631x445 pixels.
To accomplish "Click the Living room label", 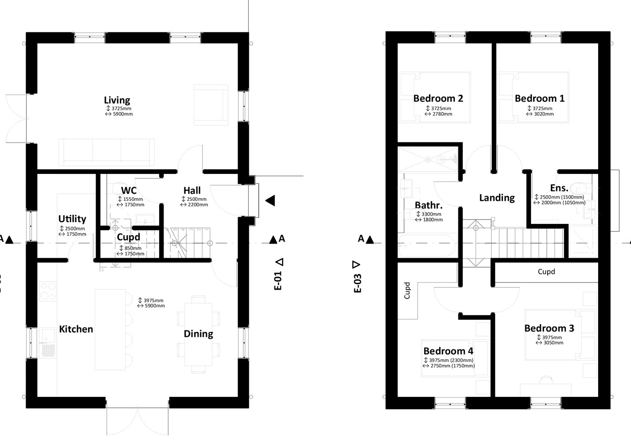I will pyautogui.click(x=117, y=100).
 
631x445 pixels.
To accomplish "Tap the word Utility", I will pyautogui.click(x=72, y=219).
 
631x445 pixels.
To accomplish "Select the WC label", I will pyautogui.click(x=129, y=191).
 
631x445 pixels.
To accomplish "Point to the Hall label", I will pyautogui.click(x=192, y=191).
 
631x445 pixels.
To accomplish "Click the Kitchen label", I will pyautogui.click(x=76, y=329).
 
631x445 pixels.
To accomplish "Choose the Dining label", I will pyautogui.click(x=198, y=334).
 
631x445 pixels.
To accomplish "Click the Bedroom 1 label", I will pyautogui.click(x=540, y=98).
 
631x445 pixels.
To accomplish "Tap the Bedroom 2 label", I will pyautogui.click(x=438, y=98).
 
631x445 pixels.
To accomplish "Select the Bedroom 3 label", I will pyautogui.click(x=549, y=328).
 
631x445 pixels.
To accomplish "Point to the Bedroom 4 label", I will pyautogui.click(x=448, y=351).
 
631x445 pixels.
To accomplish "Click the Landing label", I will pyautogui.click(x=497, y=198).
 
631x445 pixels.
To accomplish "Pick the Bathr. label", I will pyautogui.click(x=428, y=205).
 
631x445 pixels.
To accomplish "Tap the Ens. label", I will pyautogui.click(x=559, y=188).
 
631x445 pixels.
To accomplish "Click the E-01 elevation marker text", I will pyautogui.click(x=278, y=280).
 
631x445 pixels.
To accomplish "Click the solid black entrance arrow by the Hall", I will pyautogui.click(x=270, y=201).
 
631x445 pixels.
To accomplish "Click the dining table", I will pyautogui.click(x=198, y=334).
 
